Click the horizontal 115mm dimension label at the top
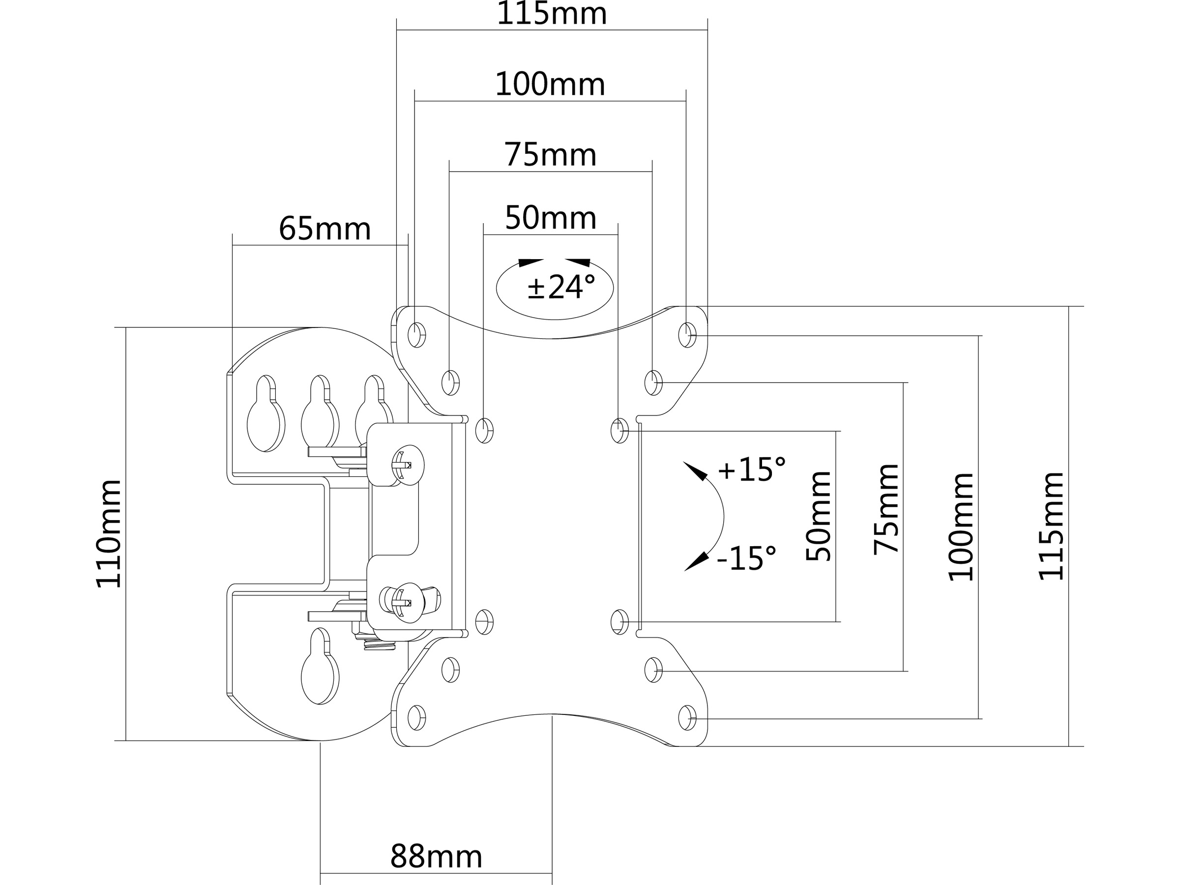tap(552, 14)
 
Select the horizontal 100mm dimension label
tap(550, 84)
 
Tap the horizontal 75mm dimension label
tap(550, 155)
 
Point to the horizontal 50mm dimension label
tap(551, 218)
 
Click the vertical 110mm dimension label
tap(109, 533)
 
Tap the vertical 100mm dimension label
tap(961, 527)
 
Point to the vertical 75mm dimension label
tap(886, 509)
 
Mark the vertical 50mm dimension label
tap(818, 516)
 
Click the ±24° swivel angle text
tap(561, 288)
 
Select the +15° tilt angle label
tap(751, 470)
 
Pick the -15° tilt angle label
tap(746, 559)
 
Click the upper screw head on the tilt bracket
tap(408, 465)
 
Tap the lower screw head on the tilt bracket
tap(408, 603)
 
